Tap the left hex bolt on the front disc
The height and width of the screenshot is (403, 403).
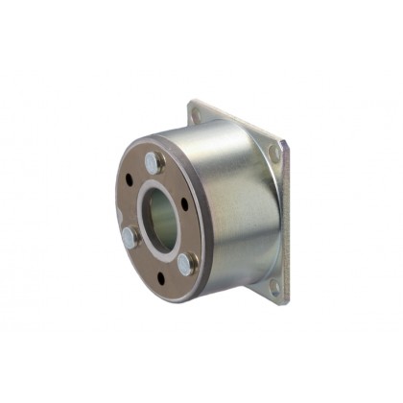(129, 237)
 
